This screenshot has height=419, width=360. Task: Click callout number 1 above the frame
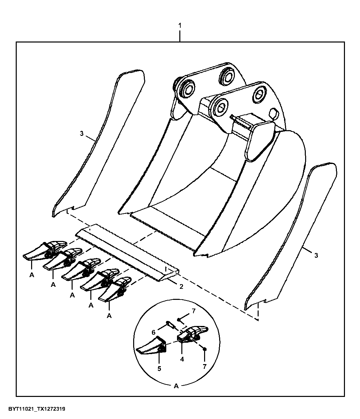(180, 26)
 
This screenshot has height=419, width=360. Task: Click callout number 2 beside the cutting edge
(181, 286)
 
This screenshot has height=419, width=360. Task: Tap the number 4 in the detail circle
(182, 359)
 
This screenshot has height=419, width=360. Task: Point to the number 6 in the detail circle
(154, 332)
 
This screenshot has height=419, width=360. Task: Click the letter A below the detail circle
(176, 386)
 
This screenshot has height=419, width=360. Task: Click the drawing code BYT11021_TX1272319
(37, 409)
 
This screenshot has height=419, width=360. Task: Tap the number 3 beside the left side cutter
(82, 134)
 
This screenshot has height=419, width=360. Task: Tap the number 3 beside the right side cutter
(316, 255)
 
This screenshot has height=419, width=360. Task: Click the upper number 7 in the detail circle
(194, 311)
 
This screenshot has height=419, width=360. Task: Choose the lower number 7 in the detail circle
(204, 366)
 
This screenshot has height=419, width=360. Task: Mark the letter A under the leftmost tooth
(32, 275)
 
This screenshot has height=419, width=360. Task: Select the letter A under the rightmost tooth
(109, 316)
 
